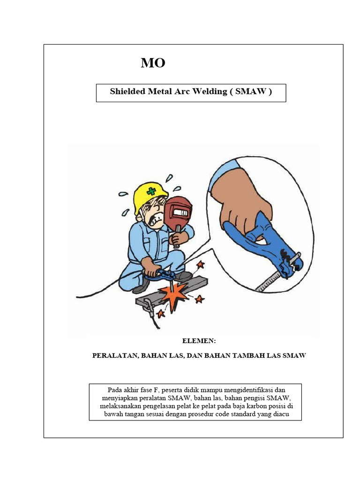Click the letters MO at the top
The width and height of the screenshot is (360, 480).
tap(153, 63)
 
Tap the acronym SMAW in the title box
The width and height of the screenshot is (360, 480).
tap(250, 91)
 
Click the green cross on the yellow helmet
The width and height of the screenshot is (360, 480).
tap(151, 191)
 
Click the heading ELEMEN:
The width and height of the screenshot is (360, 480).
tap(198, 341)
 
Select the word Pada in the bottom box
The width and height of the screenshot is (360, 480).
tap(115, 390)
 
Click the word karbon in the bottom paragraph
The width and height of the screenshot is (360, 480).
tap(258, 406)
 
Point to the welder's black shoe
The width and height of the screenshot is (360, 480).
tap(141, 287)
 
